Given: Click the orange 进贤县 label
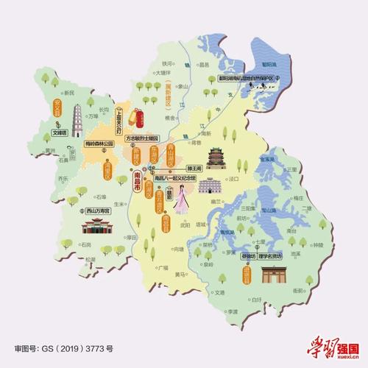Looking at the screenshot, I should coord(247,275).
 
